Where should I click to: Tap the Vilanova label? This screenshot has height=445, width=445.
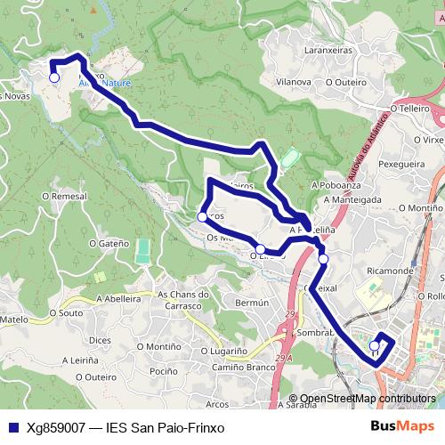pos(294,81)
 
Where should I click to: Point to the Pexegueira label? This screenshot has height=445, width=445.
pos(401,164)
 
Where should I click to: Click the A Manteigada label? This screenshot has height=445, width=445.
pos(350,199)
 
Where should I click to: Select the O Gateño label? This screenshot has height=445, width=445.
pos(109,242)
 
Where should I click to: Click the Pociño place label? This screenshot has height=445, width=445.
pos(164,371)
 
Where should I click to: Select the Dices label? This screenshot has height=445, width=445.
pos(100,339)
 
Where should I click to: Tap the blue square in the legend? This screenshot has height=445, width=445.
pos(12,426)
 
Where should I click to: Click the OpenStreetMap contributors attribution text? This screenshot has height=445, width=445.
pos(368,400)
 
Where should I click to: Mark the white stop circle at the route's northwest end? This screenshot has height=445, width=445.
pos(53,78)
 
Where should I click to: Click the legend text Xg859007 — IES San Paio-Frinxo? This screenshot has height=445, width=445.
pos(125,426)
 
